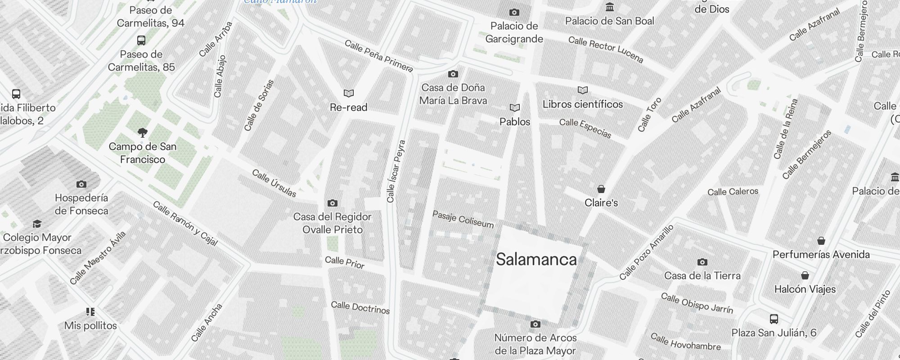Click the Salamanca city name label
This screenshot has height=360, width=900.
tap(536, 259)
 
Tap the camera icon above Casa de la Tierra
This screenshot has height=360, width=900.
tap(702, 262)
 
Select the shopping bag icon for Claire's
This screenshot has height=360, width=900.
tap(601, 189)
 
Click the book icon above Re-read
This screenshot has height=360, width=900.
tap(349, 93)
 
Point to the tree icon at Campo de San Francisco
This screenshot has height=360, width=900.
tap(143, 132)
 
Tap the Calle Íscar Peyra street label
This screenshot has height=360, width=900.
tap(396, 171)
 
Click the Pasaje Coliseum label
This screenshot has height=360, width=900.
tap(463, 219)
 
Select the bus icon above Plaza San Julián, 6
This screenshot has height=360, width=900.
tap(774, 319)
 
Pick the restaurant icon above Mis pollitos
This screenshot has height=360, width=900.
tap(90, 311)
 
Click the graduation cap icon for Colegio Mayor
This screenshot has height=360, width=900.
tap(37, 224)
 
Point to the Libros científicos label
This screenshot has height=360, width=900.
tap(583, 104)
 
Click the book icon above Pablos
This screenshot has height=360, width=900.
tap(515, 108)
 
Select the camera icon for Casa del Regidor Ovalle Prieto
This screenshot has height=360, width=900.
tap(333, 203)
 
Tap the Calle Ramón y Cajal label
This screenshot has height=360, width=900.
tap(185, 224)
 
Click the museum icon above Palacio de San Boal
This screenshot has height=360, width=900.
tap(610, 7)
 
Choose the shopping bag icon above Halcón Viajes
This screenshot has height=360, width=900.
tap(805, 275)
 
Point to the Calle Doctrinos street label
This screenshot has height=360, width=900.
tap(360, 308)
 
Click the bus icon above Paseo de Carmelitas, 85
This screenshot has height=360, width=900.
tap(141, 40)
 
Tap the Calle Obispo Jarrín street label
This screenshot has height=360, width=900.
tap(697, 303)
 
